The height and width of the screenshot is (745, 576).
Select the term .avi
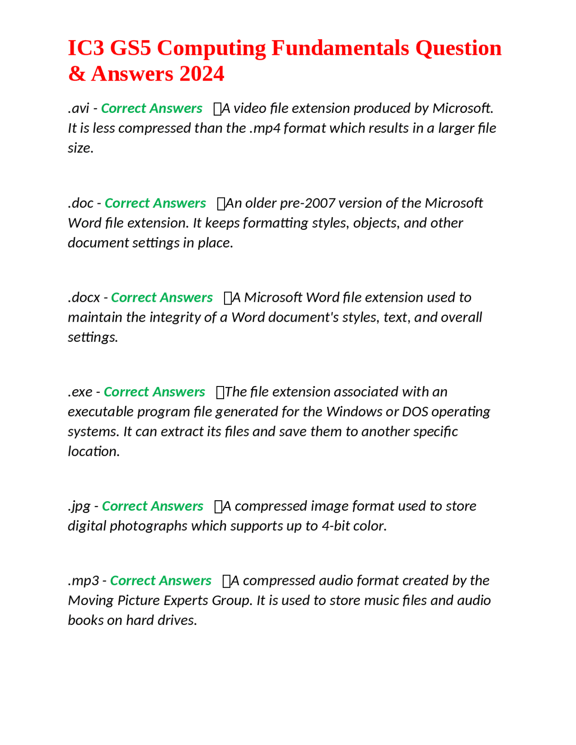79,108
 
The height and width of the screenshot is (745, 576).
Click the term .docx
84,297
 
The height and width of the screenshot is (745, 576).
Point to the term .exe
81,392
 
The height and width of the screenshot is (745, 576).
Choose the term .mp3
84,580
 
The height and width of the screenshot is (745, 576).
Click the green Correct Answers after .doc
155,203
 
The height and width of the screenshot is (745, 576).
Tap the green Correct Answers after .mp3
161,580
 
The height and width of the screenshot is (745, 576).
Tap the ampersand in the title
76,74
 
